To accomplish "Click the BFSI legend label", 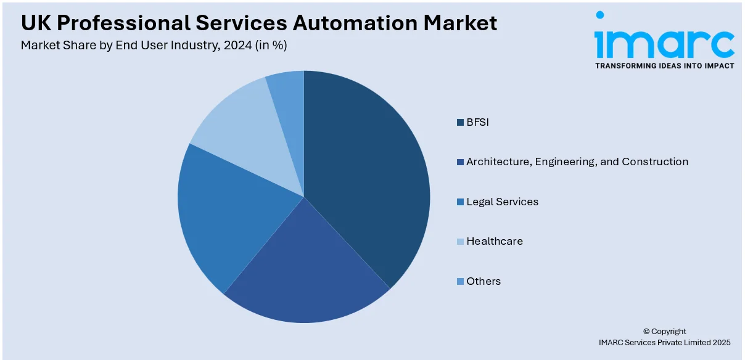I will click(477, 122).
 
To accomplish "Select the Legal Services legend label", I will click(502, 202).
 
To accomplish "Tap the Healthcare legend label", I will click(495, 241).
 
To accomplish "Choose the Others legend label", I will click(484, 281).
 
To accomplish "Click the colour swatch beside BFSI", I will click(460, 123).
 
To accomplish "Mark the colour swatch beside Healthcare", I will click(460, 242).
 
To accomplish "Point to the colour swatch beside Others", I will click(460, 282).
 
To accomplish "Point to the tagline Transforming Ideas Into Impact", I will click(664, 66).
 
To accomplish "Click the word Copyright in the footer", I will click(668, 331).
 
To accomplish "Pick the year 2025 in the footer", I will click(720, 342).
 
